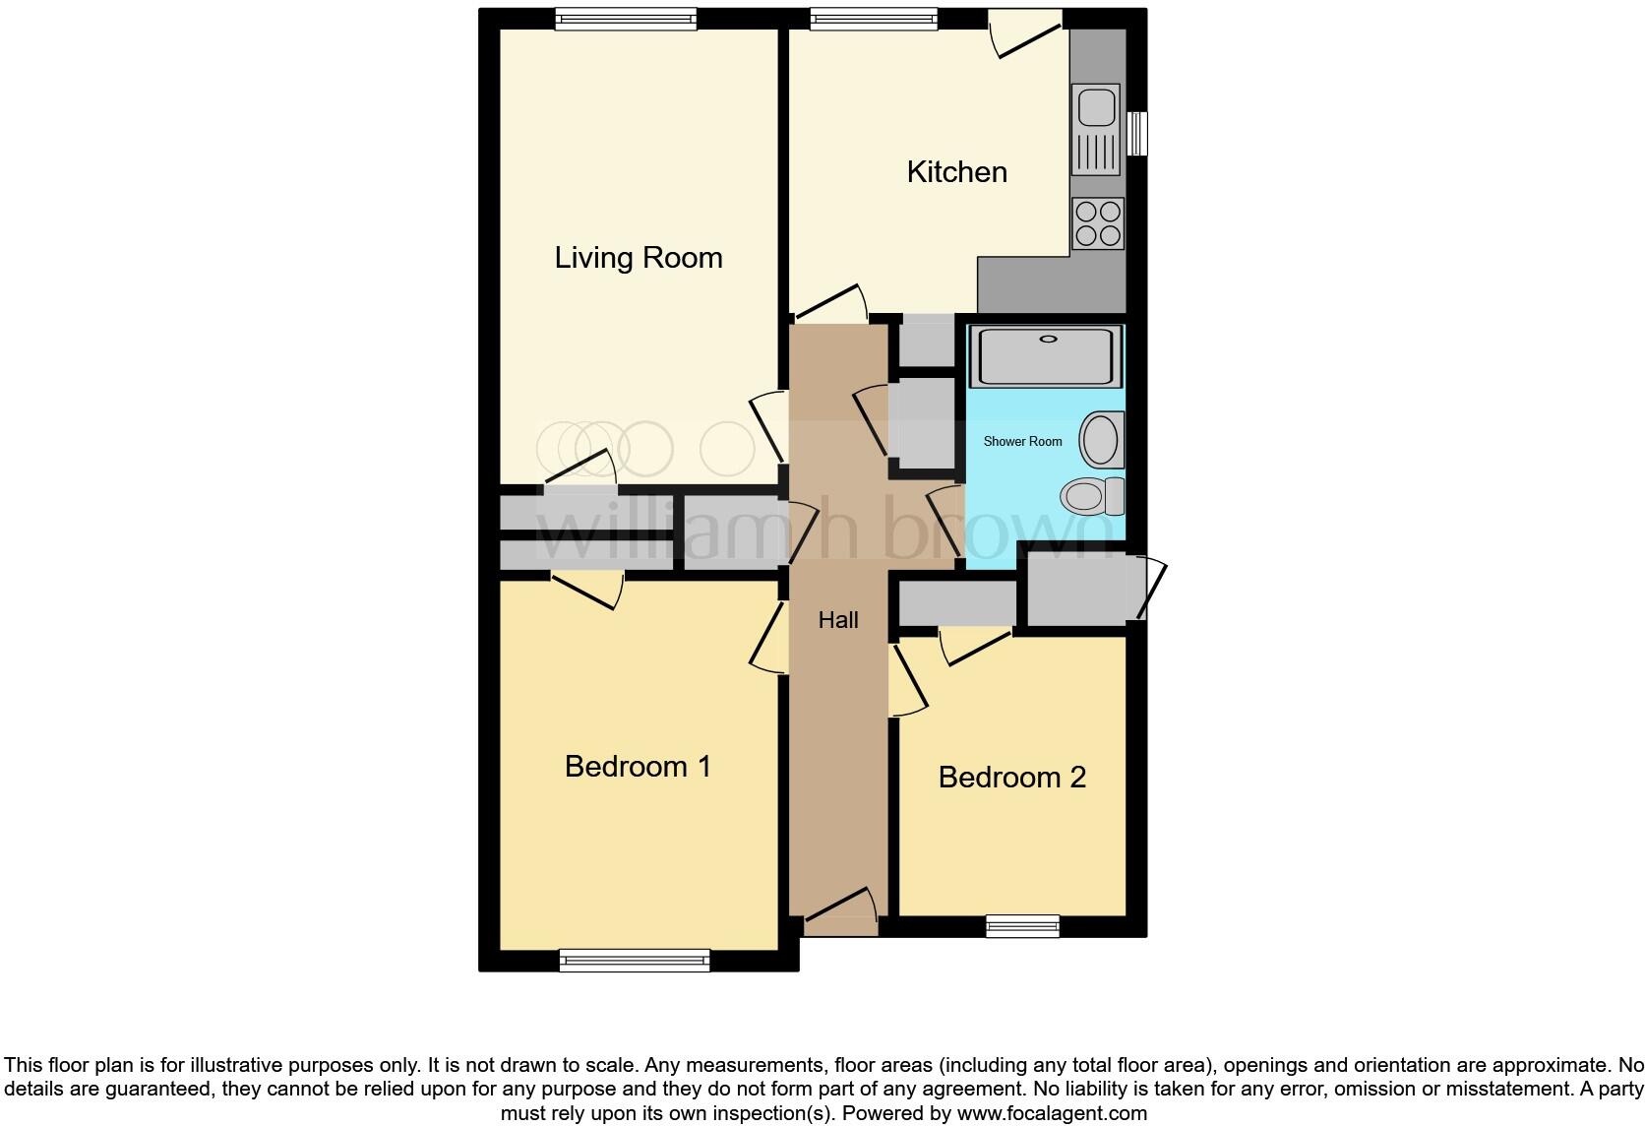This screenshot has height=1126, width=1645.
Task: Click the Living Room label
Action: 639,258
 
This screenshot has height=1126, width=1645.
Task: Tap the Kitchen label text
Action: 956,172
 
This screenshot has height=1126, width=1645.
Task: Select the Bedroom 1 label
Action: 638,767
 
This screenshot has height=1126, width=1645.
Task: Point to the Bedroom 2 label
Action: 1011,778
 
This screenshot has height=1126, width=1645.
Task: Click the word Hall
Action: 838,620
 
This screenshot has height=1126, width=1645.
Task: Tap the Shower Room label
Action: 1022,442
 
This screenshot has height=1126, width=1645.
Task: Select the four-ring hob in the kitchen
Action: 1098,223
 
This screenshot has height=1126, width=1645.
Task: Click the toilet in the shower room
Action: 1092,495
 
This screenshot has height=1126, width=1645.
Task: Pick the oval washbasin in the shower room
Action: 1100,440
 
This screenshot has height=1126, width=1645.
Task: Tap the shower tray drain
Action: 1048,340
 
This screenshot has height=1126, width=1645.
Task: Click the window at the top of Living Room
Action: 626,19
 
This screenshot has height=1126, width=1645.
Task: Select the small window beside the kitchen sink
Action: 1137,133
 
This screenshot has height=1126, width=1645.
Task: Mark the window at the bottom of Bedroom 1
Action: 635,960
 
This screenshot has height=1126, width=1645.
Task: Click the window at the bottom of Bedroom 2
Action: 1023,925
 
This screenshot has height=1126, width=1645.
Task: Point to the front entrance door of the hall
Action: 841,913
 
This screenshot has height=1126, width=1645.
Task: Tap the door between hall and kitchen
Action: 831,305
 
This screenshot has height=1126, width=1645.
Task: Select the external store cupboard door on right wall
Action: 1151,588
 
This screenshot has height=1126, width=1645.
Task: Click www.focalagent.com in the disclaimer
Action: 1052,1114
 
